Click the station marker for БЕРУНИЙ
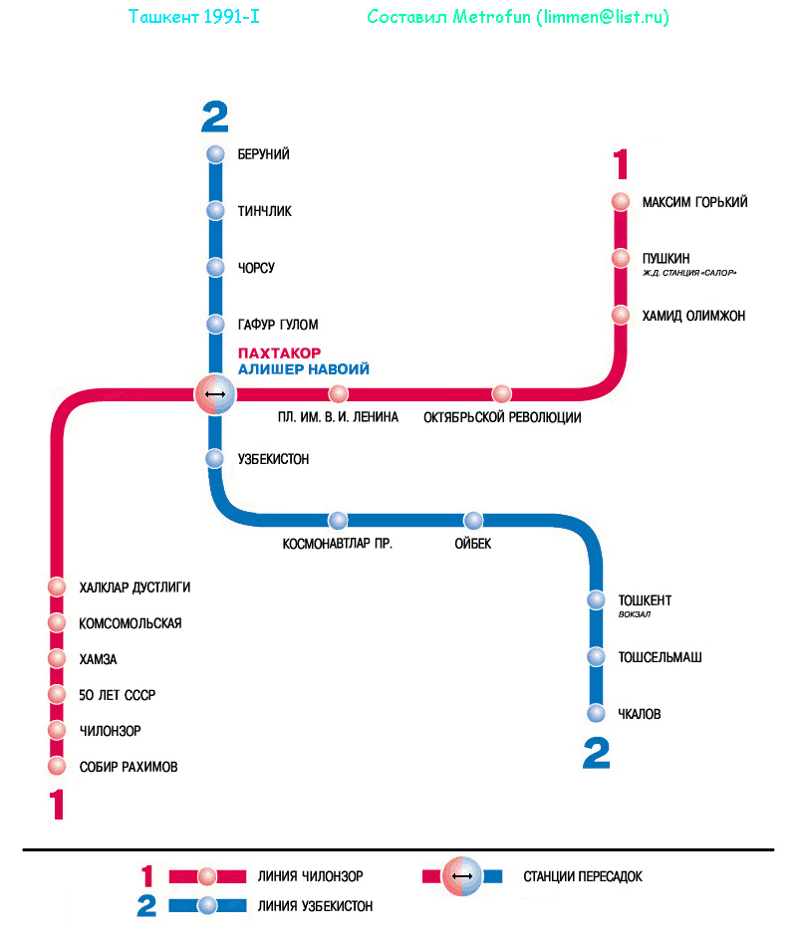[215, 154]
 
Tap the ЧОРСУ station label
[256, 269]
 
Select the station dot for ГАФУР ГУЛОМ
[215, 324]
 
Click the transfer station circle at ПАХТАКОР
[215, 394]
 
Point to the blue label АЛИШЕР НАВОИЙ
[304, 369]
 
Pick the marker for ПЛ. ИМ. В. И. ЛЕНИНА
[339, 393]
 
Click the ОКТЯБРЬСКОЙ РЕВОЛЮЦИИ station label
[502, 417]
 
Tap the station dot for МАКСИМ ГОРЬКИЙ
[621, 201]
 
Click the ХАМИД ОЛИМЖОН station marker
[621, 315]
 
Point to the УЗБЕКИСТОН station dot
[215, 458]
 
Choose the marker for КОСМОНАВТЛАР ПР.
[339, 520]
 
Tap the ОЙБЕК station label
[473, 544]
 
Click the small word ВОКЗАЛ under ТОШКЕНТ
[635, 614]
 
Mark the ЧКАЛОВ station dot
[596, 713]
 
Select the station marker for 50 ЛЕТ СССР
[57, 694]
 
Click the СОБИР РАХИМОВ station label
[129, 767]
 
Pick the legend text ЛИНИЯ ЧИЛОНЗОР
[310, 877]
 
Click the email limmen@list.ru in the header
[605, 18]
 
